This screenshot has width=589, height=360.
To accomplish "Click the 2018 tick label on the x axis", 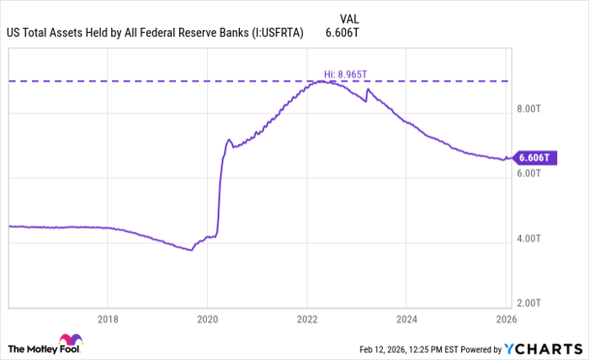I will pyautogui.click(x=108, y=320).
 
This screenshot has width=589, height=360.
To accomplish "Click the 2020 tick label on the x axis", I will pyautogui.click(x=207, y=320).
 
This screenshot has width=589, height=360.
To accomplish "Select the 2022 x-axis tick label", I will pyautogui.click(x=307, y=320).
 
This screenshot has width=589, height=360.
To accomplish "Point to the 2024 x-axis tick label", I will pyautogui.click(x=406, y=320).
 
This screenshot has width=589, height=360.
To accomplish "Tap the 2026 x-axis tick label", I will pyautogui.click(x=506, y=320).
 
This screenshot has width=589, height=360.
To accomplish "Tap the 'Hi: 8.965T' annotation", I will pyautogui.click(x=346, y=74).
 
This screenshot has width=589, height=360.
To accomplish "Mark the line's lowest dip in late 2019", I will pyautogui.click(x=192, y=250).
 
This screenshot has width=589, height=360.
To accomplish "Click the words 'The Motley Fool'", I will pyautogui.click(x=33, y=348).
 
